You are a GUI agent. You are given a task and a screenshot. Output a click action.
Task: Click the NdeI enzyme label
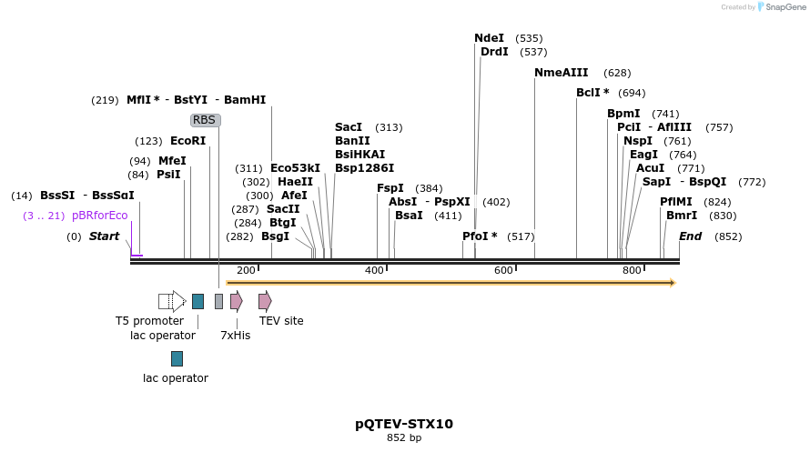[489, 38]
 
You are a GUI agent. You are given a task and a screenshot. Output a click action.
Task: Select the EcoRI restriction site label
[187, 141]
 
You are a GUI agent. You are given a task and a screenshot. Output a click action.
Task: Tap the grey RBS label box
[205, 120]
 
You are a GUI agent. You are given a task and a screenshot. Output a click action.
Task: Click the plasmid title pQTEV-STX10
[404, 424]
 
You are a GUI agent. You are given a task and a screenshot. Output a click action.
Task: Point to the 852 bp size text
[404, 438]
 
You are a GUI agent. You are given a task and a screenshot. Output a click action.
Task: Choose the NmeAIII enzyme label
[561, 73]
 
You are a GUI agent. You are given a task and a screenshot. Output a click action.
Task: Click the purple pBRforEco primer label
[99, 216]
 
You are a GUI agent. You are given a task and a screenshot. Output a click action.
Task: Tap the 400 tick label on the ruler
[374, 271]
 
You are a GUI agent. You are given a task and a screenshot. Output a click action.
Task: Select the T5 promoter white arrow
[173, 301]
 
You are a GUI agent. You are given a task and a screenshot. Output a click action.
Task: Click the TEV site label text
[281, 321]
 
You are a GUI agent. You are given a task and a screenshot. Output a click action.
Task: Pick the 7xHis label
[235, 336]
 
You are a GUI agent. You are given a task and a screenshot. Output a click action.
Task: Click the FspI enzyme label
[390, 188]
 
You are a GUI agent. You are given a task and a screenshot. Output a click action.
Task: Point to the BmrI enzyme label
[682, 216]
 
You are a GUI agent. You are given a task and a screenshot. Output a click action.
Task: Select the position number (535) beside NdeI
[529, 38]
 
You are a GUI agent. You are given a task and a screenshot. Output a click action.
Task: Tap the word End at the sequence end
[690, 236]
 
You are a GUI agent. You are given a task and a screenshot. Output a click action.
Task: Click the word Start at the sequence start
[104, 236]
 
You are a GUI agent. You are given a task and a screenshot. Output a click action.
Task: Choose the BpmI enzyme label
[623, 114]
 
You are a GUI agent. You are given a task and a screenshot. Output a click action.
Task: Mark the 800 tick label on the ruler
[631, 271]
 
